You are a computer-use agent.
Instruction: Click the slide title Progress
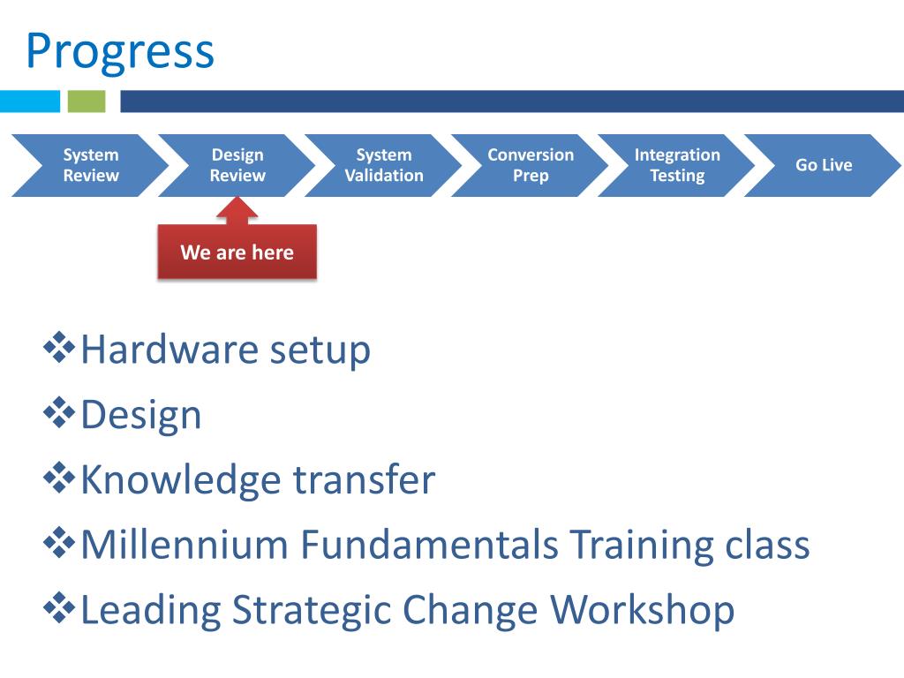point(120,51)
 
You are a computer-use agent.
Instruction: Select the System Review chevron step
point(90,165)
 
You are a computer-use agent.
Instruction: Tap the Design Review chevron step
point(237,165)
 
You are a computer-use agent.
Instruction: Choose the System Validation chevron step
point(383,165)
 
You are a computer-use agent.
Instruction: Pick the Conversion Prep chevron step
point(530,165)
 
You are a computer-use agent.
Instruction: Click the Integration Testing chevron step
point(677,165)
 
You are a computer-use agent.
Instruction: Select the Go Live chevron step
point(824,165)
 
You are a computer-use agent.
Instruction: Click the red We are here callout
point(237,252)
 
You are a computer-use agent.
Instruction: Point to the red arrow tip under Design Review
point(237,200)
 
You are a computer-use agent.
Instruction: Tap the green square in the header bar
point(87,102)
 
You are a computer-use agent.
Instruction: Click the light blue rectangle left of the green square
point(30,102)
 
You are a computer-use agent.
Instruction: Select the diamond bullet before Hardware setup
point(59,348)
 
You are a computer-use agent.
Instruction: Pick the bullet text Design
point(141,415)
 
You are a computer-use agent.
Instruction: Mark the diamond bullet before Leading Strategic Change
point(59,608)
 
